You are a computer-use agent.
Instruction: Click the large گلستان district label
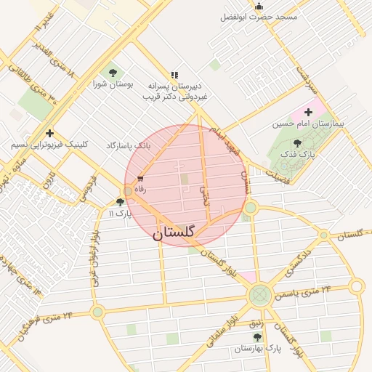[x=174, y=234]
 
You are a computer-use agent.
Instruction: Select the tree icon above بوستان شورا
[x=112, y=73]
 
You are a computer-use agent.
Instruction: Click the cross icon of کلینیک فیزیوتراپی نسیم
[x=49, y=133]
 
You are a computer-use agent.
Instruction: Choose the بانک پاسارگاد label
[x=128, y=146]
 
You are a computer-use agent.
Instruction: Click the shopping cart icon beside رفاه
[x=140, y=179]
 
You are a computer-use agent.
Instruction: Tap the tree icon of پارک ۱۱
[x=121, y=203]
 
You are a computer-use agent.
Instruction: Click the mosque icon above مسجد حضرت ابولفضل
[x=259, y=6]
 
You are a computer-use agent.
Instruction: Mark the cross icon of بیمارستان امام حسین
[x=309, y=112]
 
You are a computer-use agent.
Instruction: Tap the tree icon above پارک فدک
[x=297, y=144]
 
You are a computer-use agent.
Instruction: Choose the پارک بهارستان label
[x=256, y=349]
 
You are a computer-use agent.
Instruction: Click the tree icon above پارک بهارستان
[x=256, y=338]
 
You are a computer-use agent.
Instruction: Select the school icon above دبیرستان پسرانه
[x=174, y=75]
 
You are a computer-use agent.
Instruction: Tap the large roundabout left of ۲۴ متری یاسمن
[x=259, y=295]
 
